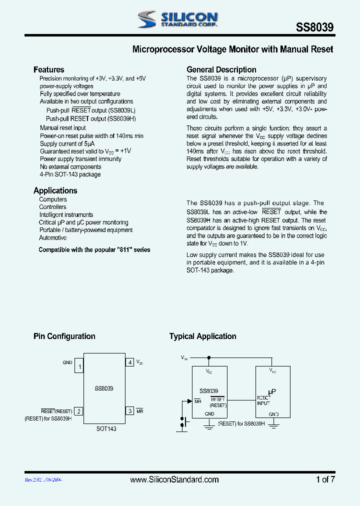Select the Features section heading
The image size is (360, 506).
tap(48, 70)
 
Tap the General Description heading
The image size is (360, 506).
tap(221, 70)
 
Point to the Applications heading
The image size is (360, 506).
tap(55, 190)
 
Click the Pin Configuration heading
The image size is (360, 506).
tap(64, 336)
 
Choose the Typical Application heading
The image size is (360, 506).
tap(202, 336)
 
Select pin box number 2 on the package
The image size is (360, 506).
tap(78, 411)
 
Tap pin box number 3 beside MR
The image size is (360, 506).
tap(129, 411)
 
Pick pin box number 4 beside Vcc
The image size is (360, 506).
tap(129, 362)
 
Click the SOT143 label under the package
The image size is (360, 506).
tap(106, 428)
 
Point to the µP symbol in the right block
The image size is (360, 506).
tap(271, 392)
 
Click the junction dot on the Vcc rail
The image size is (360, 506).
tap(209, 357)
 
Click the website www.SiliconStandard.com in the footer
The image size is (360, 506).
tap(174, 479)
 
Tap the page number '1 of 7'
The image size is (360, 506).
tap(325, 479)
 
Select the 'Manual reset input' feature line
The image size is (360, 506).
tap(63, 128)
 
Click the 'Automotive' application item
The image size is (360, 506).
tap(52, 238)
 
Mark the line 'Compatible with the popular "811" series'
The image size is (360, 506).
tap(94, 249)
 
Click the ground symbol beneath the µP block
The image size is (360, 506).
tap(273, 424)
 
